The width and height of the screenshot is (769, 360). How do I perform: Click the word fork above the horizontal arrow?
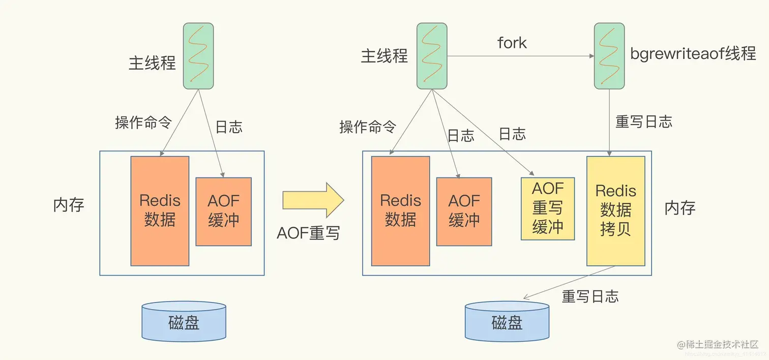coord(512,43)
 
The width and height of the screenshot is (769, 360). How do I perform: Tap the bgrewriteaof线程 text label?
coord(693,54)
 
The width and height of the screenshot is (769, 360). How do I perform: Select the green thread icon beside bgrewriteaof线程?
coord(609,56)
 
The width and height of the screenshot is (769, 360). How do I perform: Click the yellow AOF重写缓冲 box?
coord(548,208)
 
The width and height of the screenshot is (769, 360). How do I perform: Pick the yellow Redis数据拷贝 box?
coord(615,211)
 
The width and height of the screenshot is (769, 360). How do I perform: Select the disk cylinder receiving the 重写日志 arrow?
coord(507,321)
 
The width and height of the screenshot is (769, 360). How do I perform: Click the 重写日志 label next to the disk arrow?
coord(590,296)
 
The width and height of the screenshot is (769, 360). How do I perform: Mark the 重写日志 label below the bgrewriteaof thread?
coord(644,122)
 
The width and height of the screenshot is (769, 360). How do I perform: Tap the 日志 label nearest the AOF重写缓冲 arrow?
coord(512,134)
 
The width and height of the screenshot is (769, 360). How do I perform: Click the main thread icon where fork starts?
coord(432,56)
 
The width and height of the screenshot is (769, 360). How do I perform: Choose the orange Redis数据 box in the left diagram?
coord(160,211)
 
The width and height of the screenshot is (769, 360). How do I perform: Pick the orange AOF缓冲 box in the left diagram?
coord(223,212)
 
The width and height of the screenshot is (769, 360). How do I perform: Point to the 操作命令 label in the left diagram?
coord(143,123)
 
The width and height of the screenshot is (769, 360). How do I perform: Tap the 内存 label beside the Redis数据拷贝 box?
coord(679,208)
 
